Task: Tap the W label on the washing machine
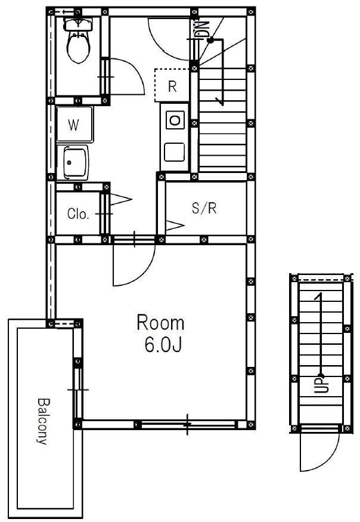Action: tap(73, 125)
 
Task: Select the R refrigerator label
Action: tap(172, 87)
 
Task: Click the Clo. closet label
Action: tap(78, 214)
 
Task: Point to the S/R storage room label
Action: tap(204, 208)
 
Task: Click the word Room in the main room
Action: tap(160, 323)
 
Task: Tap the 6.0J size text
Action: tap(163, 345)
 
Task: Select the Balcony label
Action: tap(42, 421)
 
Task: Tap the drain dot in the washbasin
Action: tap(69, 163)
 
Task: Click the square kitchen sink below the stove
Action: tap(175, 152)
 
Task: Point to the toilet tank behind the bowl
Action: tap(78, 24)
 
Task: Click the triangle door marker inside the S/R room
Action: tap(175, 226)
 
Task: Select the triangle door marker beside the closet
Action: tap(121, 199)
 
